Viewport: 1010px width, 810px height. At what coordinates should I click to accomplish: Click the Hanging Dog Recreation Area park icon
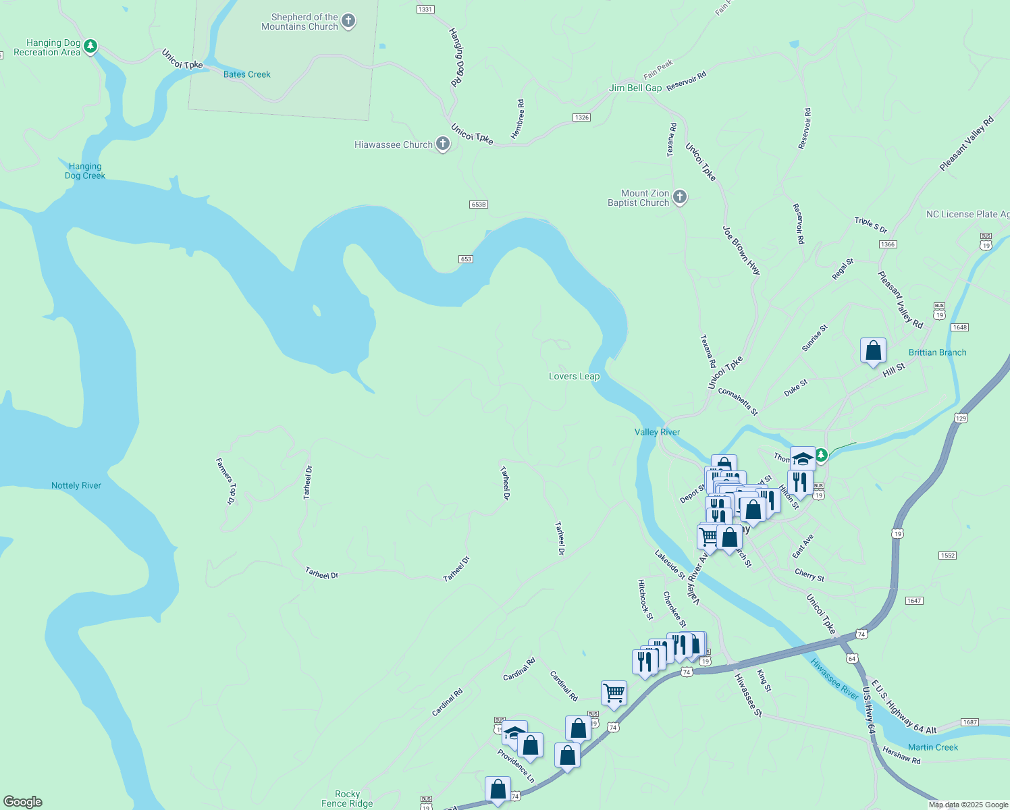pos(90,47)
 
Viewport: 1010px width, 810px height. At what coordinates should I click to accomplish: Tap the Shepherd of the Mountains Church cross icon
pos(348,21)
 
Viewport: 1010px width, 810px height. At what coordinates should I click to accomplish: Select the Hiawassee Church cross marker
pos(443,144)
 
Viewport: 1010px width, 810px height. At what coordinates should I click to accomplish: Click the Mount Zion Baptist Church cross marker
pos(680,197)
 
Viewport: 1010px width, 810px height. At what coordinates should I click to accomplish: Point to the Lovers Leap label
pos(574,376)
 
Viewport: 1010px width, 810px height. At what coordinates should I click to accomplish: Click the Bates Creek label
pos(246,74)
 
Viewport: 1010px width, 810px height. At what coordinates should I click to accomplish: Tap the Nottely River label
pos(76,485)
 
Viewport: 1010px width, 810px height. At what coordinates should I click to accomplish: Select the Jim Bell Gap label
pos(635,88)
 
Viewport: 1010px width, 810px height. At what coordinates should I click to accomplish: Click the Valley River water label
pos(657,432)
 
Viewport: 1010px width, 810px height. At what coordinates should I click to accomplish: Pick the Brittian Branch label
pos(937,352)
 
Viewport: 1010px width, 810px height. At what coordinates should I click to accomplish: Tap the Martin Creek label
pos(933,747)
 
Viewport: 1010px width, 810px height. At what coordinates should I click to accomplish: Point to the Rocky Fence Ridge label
pos(347,799)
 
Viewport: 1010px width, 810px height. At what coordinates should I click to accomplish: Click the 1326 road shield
pos(581,117)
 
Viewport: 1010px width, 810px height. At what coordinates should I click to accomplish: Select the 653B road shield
pos(478,205)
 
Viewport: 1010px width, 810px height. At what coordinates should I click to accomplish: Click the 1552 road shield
pos(947,556)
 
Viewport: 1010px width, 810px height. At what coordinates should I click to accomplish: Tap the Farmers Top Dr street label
pos(226,481)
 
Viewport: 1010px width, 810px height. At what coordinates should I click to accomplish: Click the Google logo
pos(23,802)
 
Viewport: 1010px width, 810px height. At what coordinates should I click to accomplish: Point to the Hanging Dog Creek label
pos(85,171)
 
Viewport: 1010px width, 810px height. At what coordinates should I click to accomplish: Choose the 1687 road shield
pos(970,722)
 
